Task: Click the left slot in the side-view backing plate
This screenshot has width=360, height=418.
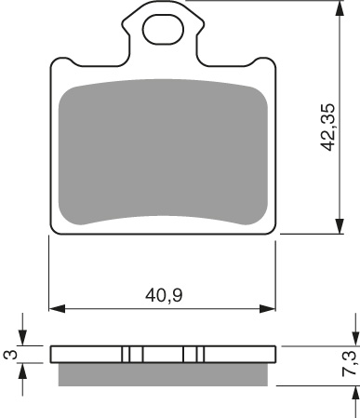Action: point(132,355)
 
